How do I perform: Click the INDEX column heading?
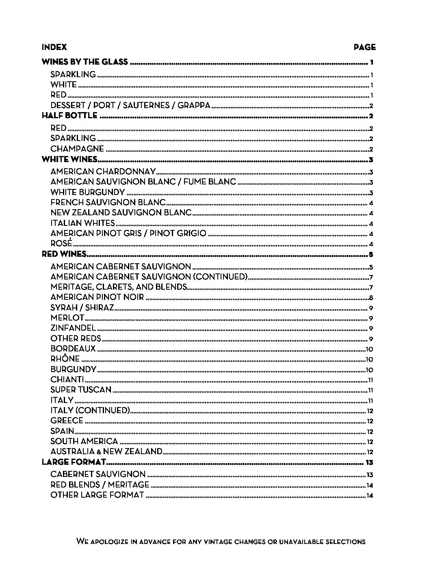tap(54, 47)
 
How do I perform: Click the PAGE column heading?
tap(364, 47)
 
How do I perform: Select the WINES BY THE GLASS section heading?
tap(85, 62)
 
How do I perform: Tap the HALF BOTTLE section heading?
tap(69, 116)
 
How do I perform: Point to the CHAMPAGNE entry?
tap(77, 149)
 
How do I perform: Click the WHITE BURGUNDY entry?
tap(87, 192)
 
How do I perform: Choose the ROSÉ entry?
tap(61, 244)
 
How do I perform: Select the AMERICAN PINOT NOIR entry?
tap(97, 297)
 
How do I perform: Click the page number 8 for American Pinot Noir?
tap(371, 298)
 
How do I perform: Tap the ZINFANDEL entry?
tap(73, 328)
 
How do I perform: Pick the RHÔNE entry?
tap(65, 359)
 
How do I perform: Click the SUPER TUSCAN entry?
tap(81, 390)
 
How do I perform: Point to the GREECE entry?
tap(67, 421)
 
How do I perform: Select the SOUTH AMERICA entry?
tap(84, 442)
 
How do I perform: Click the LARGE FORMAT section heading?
tap(74, 462)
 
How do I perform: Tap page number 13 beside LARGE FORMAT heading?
tap(369, 463)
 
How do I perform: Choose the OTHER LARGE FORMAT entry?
tap(97, 495)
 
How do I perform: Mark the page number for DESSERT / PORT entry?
tap(371, 106)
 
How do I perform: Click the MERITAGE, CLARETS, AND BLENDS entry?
tap(119, 287)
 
